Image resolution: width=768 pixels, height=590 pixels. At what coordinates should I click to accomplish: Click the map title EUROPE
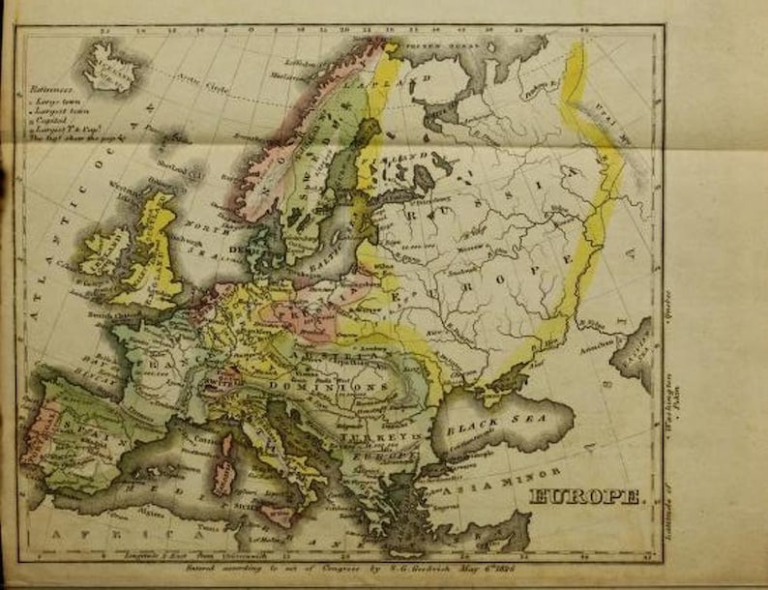[584, 496]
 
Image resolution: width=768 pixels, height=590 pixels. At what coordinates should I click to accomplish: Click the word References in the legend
[49, 97]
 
